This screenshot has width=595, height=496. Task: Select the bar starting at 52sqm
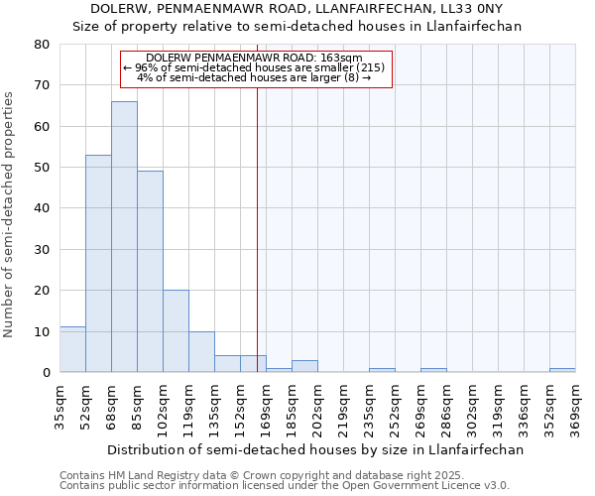(98, 263)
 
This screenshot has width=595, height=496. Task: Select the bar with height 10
(201, 351)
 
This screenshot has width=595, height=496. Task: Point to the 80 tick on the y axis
(42, 45)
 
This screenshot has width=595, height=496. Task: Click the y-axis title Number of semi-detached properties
(10, 214)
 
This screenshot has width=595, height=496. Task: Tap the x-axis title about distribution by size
(314, 449)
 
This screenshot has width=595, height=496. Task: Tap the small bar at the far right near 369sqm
(562, 370)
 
